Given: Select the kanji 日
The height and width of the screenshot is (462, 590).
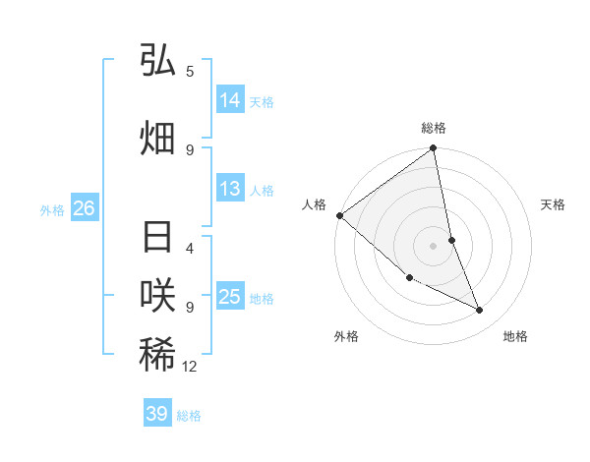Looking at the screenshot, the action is tap(157, 239).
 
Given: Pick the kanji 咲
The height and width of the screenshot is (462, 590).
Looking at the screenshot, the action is tap(157, 296).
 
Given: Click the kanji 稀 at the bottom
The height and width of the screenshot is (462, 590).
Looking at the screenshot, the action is tap(157, 354).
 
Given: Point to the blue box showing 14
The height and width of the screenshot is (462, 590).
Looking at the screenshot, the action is tap(230, 100).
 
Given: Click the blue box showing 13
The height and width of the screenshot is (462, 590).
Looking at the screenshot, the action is tap(230, 189).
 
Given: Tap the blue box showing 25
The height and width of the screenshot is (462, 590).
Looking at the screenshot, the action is tap(230, 297).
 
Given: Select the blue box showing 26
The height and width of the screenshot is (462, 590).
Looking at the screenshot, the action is tap(84, 208).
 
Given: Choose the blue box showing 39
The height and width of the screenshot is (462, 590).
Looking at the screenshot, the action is tap(157, 414).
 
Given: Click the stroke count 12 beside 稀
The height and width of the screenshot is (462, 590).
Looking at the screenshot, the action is tap(190, 367).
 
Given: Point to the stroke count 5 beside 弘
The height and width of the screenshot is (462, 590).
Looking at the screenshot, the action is tap(190, 71).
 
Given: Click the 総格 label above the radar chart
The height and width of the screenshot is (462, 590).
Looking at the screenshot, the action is tap(434, 128).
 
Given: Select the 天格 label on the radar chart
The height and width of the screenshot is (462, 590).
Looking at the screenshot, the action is tap(554, 204).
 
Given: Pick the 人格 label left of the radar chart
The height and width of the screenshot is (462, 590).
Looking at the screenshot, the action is tap(314, 204).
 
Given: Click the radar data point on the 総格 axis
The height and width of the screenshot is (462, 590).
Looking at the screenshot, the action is tap(434, 149).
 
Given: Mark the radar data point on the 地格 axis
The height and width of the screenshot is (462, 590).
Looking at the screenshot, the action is tap(480, 311).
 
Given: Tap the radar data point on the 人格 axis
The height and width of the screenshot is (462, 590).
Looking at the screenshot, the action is tap(339, 215).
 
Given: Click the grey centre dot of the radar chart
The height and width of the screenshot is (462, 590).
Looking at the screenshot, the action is tap(434, 246).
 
